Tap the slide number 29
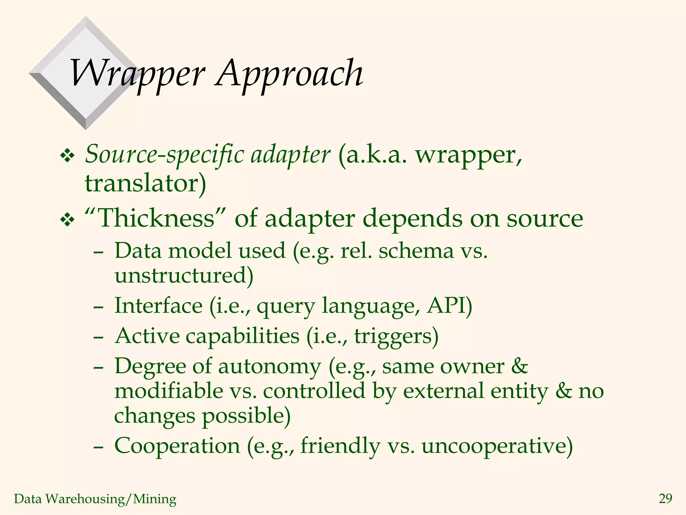[x=665, y=499]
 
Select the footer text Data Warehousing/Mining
[x=95, y=499]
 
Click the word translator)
[x=145, y=184]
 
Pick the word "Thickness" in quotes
[x=155, y=218]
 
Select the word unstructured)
[x=184, y=276]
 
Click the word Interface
[x=158, y=306]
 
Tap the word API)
[x=449, y=306]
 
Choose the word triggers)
[x=396, y=336]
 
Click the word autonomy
[x=270, y=366]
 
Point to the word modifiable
[x=169, y=391]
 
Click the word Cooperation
[x=177, y=446]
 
